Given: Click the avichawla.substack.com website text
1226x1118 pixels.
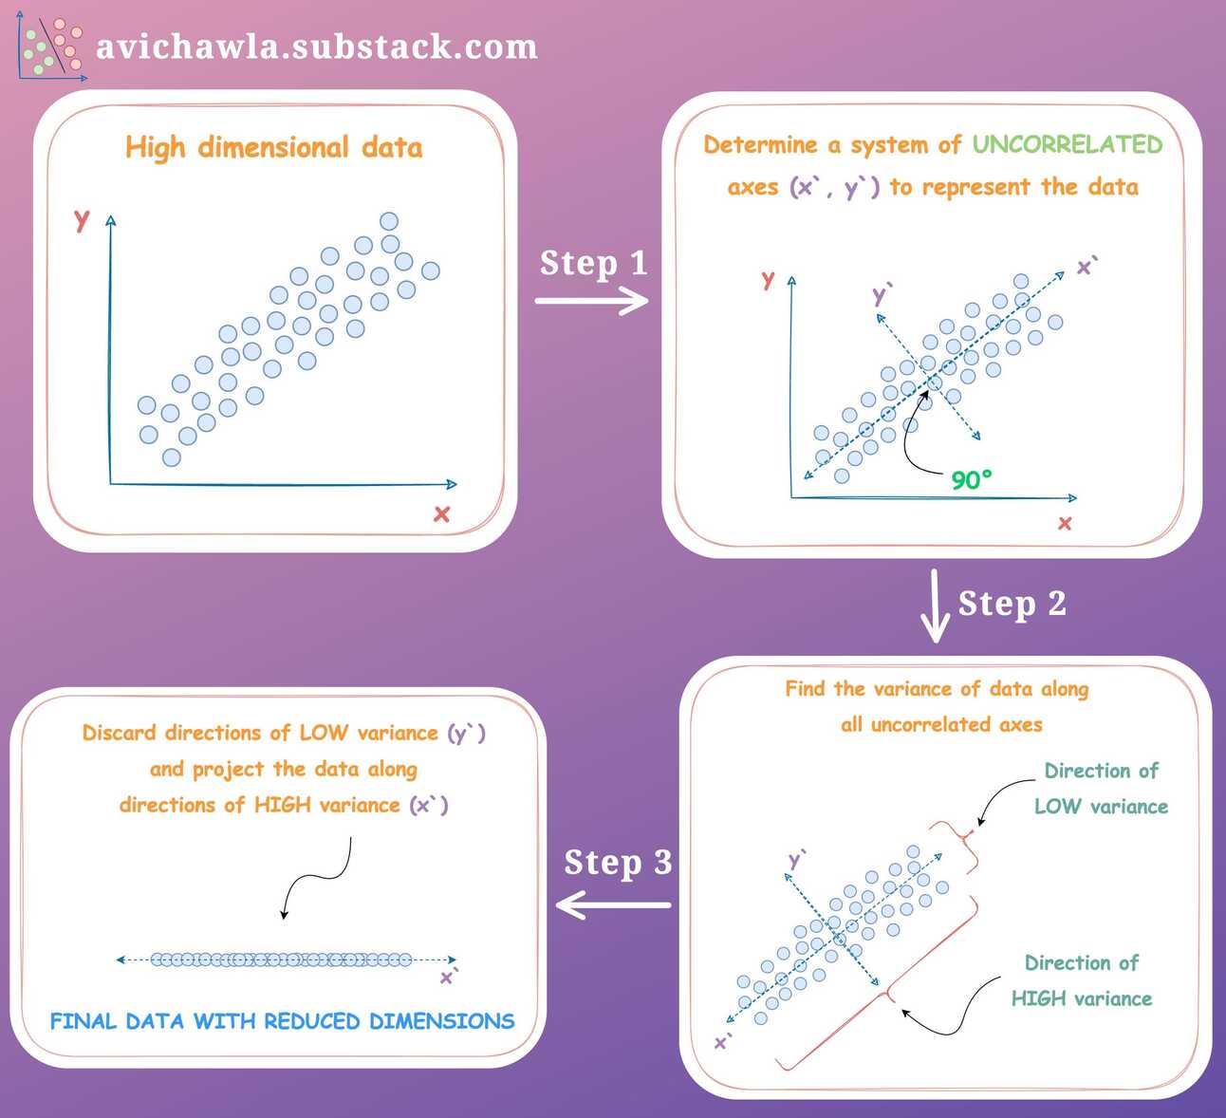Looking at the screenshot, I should point(316,47).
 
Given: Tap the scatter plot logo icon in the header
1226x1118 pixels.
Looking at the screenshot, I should point(50,47).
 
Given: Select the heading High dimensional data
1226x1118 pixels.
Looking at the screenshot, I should point(273,148).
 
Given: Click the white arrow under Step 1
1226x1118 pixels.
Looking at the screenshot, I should point(591,301).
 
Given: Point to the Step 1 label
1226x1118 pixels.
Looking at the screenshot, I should point(593,263).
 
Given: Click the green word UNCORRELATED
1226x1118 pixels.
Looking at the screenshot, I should point(1067,144).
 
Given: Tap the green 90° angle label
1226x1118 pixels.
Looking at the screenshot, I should point(971,479).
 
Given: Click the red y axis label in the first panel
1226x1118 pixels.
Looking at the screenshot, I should point(82,219).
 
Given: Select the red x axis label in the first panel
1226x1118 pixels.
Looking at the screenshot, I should point(441,514).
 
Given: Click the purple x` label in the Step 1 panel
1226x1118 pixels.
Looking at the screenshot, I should point(1087,267).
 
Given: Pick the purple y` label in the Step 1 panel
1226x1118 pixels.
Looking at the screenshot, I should point(882,294).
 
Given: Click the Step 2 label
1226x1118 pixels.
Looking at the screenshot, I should point(1012,604).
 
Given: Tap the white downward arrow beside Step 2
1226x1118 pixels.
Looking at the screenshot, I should point(936,607).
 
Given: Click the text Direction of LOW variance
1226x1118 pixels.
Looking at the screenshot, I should point(1101,789).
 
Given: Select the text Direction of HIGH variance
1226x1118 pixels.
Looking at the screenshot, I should point(1082,980).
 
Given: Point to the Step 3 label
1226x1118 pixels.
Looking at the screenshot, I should point(618,863).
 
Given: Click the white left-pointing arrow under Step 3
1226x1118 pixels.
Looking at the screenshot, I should point(613,904).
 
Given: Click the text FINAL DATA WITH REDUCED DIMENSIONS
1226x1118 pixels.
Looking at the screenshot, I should point(282,1021).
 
